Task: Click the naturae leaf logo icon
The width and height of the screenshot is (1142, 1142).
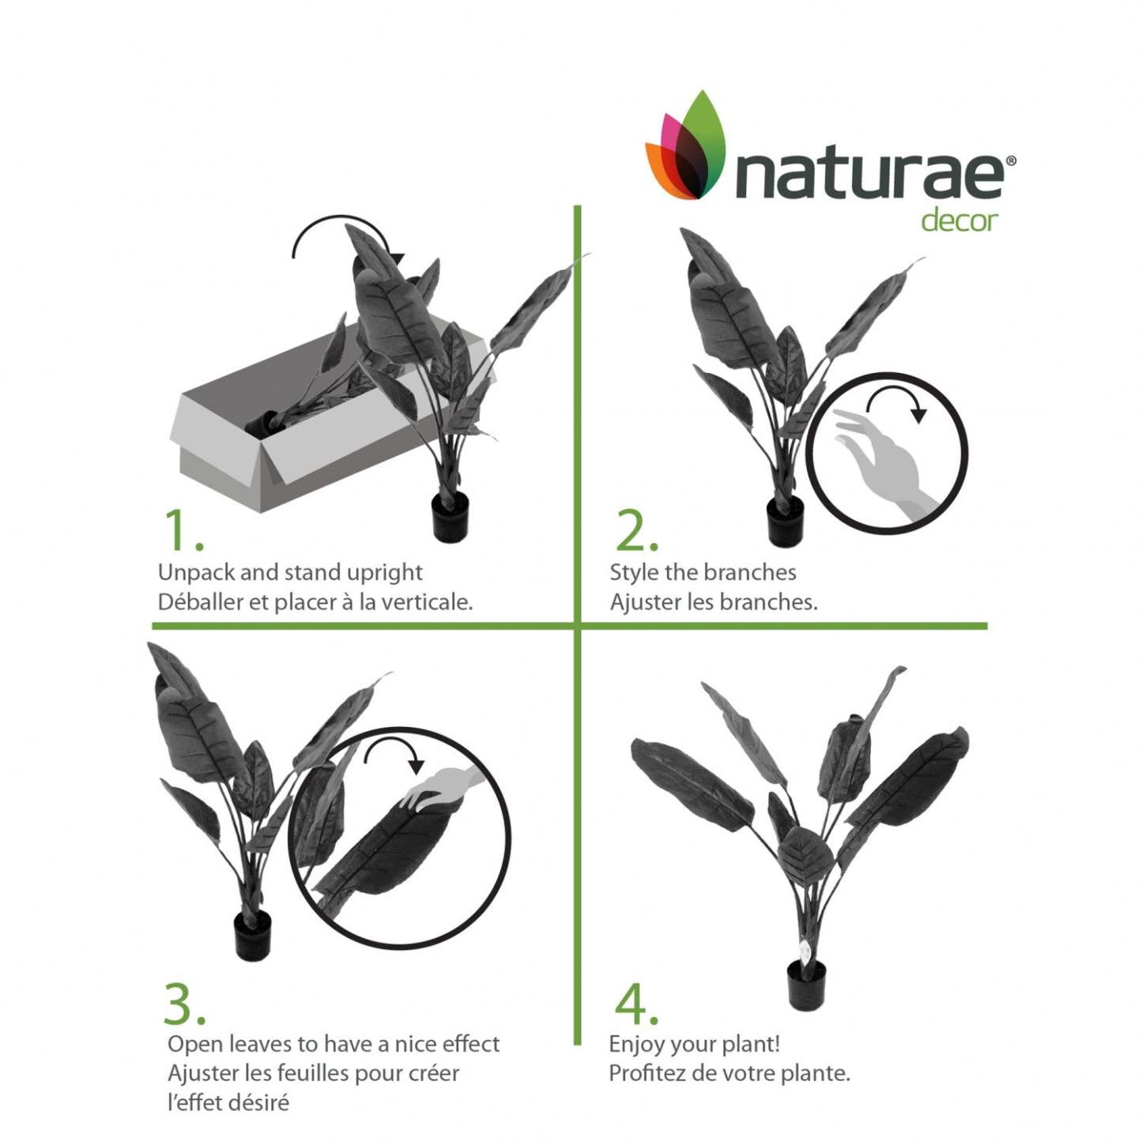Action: click(686, 149)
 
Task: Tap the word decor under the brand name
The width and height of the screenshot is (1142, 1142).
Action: click(959, 220)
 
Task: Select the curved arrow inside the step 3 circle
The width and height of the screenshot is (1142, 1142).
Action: click(394, 752)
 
